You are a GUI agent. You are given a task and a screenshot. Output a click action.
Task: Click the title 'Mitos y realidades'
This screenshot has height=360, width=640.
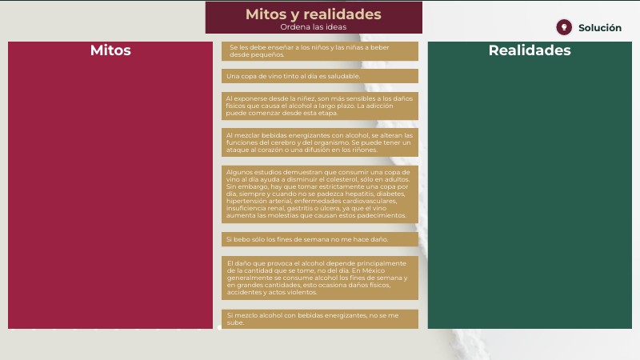(x=313, y=14)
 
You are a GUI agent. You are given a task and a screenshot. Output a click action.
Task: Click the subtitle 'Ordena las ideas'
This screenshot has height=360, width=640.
(x=313, y=27)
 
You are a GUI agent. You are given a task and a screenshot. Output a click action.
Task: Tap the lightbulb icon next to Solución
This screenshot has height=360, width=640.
(x=564, y=27)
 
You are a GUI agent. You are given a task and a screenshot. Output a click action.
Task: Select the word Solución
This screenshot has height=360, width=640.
(x=599, y=28)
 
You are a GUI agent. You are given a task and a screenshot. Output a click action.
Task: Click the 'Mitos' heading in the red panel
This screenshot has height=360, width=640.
(x=110, y=50)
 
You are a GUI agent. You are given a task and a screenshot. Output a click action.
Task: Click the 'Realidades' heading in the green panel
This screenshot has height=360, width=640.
(x=530, y=50)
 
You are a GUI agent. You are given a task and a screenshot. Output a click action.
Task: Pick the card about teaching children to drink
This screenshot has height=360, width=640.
(x=320, y=51)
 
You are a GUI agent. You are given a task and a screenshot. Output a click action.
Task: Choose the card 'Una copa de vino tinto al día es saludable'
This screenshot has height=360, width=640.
(x=320, y=76)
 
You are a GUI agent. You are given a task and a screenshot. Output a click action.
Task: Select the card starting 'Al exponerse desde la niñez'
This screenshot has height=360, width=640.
(x=320, y=106)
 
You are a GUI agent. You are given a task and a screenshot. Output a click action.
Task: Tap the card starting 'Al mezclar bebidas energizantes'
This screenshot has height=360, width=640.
(x=320, y=142)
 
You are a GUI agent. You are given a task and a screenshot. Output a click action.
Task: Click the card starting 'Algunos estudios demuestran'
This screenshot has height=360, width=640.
(x=320, y=194)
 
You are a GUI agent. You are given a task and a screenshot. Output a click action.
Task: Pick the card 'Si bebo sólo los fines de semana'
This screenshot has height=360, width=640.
(x=320, y=239)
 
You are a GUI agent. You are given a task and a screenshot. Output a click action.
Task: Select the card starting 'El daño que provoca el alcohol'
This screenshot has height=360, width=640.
(x=320, y=278)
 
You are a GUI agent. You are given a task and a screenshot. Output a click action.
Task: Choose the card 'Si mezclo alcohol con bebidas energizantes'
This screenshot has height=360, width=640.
(x=320, y=318)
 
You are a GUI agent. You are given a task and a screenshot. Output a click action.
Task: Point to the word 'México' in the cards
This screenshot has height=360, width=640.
(x=374, y=270)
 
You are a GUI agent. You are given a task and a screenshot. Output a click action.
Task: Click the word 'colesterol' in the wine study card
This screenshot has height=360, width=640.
(x=366, y=179)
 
